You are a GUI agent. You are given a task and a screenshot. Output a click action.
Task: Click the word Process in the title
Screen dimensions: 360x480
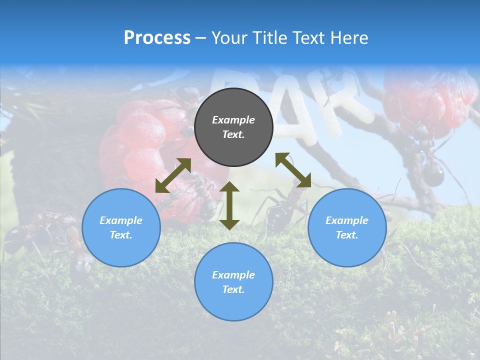157,38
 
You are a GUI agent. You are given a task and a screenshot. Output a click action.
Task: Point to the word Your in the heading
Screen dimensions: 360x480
229,38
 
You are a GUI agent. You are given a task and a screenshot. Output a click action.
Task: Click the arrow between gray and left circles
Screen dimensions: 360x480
173,175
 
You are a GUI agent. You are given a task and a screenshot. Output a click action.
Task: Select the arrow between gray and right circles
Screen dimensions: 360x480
293,170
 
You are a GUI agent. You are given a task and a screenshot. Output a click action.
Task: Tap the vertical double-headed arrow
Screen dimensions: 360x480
229,205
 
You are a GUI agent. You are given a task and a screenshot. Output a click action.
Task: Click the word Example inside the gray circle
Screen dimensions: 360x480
233,120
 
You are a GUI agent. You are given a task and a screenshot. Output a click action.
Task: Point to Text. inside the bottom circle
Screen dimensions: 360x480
233,289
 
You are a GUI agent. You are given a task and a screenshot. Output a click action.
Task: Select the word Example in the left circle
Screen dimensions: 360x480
121,220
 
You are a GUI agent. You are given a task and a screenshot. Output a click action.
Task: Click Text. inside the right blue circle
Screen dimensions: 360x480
347,235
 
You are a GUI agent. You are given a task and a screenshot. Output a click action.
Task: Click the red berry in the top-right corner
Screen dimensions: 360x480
430,100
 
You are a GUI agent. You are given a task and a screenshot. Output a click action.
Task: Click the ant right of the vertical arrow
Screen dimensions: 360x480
277,210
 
